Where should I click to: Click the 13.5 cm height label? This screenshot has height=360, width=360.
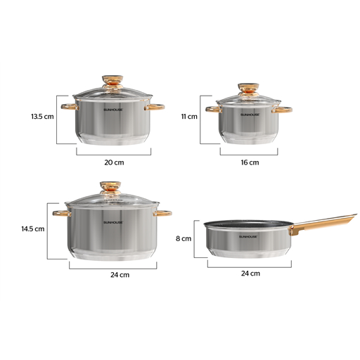coord(42,117)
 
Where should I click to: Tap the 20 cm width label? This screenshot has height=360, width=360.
coord(114,162)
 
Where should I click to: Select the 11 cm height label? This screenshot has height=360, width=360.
coord(189,117)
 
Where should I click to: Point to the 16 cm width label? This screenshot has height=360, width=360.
coord(250,162)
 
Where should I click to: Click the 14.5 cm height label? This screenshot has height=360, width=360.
coord(33,229)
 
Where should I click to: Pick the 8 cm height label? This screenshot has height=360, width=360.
coord(184,238)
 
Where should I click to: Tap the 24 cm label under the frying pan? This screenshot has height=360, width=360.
coord(250,274)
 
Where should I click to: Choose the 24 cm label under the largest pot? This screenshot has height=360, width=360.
coord(120,275)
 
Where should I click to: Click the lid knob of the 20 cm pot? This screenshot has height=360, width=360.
coord(112,82)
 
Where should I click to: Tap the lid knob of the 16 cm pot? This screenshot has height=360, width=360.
coord(249,89)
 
